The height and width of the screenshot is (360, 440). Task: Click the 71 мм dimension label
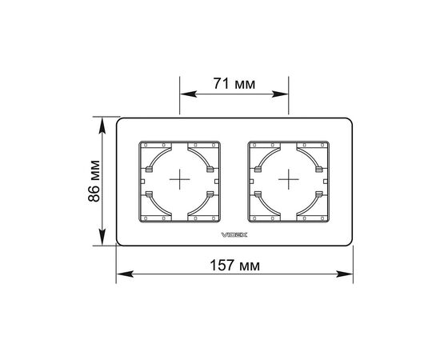pos(234,84)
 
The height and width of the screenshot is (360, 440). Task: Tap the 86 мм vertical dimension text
pos(94,181)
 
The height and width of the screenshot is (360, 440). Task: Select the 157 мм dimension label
pos(235,265)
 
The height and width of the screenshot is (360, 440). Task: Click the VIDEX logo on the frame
pos(234,234)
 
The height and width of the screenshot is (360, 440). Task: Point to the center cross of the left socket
pos(179,179)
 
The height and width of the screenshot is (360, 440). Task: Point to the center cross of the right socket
pos(289,179)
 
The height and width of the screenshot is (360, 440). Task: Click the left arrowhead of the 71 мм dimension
pos(188,94)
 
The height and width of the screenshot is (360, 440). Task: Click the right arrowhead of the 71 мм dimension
pos(280,94)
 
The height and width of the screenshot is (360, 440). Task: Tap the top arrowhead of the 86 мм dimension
pos(102,125)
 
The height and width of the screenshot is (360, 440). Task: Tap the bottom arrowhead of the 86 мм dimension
pos(102,238)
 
